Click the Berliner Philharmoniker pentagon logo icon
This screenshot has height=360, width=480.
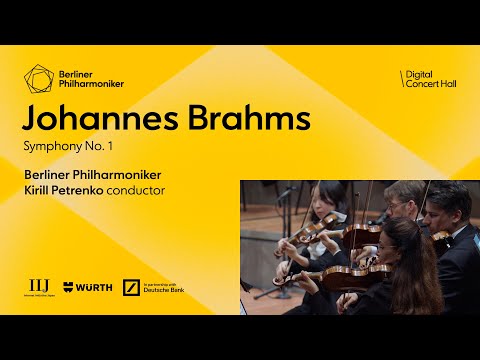tap(39, 76)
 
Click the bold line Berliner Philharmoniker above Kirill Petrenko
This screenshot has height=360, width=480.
tap(95, 174)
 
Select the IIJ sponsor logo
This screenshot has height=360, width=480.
tap(39, 286)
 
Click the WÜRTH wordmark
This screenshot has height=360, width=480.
tap(93, 287)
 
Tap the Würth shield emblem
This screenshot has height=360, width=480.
tap(68, 287)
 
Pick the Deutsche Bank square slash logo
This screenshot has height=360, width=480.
tap(130, 287)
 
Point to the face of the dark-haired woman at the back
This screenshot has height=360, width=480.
tap(327, 205)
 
